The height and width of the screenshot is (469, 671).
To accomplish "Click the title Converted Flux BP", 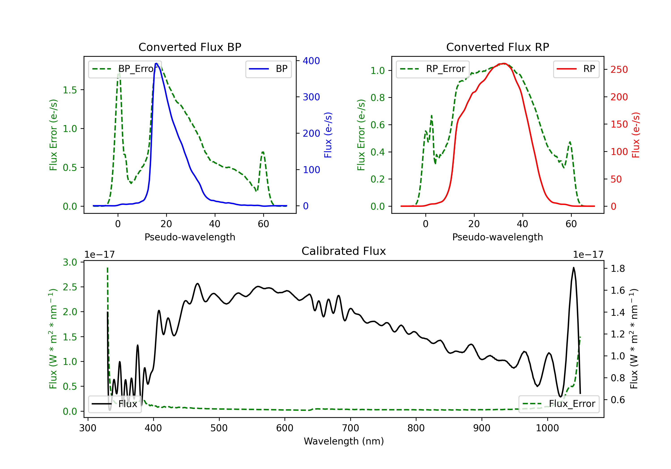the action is click(x=190, y=47).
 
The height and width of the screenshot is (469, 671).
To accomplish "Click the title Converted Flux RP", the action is click(x=497, y=47).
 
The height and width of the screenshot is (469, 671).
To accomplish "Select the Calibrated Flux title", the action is click(x=344, y=251).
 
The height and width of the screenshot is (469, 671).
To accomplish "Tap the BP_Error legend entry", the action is click(x=125, y=69).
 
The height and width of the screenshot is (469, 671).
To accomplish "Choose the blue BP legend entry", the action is click(x=268, y=69).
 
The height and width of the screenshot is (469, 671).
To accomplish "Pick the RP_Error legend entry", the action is click(x=433, y=69).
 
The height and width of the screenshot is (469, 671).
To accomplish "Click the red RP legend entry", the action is click(x=576, y=69).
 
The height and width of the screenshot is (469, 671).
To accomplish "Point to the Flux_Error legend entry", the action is click(x=559, y=404).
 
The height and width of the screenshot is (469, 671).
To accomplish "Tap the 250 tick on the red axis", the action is click(x=619, y=69).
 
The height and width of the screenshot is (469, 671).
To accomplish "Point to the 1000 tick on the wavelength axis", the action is click(x=547, y=428).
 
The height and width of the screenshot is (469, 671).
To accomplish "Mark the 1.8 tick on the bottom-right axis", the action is click(x=618, y=268).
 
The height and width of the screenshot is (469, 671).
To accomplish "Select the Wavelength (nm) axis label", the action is click(x=344, y=441).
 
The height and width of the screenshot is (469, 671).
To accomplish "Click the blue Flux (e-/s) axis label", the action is click(x=328, y=135).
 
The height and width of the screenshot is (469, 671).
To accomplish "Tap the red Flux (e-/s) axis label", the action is click(x=636, y=135).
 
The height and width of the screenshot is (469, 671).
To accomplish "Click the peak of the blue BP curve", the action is click(x=156, y=63).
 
